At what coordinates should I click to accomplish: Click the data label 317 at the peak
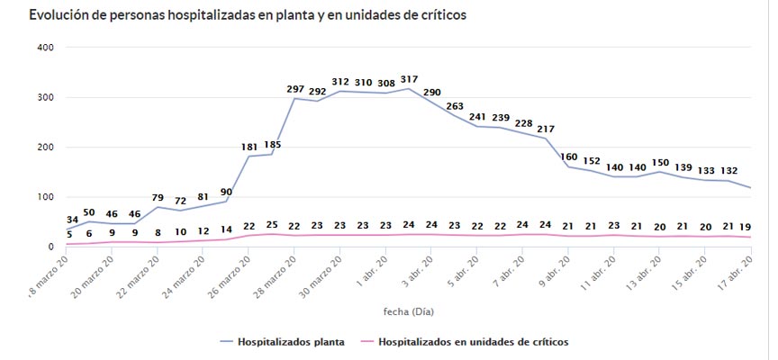click(x=409, y=79)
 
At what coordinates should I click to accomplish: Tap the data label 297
click(x=294, y=88)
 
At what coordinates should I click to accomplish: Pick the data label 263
click(x=455, y=105)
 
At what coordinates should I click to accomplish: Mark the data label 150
click(x=660, y=161)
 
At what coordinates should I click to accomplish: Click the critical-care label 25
click(x=271, y=225)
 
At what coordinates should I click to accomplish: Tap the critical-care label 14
click(x=225, y=230)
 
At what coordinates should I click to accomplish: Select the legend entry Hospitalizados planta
click(x=287, y=342)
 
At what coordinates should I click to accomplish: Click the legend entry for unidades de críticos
click(x=472, y=342)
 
